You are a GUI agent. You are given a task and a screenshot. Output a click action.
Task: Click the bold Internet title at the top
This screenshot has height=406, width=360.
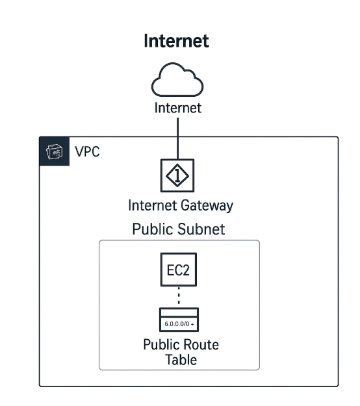click(x=177, y=42)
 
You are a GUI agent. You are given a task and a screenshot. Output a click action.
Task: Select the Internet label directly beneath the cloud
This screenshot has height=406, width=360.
click(x=177, y=108)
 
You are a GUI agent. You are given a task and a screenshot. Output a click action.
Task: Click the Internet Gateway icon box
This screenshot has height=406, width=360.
click(x=177, y=173)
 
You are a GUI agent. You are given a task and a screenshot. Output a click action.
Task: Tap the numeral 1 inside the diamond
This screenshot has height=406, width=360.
click(x=177, y=173)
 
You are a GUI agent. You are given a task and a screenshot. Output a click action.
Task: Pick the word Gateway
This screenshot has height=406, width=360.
click(x=207, y=207)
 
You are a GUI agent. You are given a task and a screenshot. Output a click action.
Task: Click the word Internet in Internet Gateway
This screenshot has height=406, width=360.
click(x=152, y=207)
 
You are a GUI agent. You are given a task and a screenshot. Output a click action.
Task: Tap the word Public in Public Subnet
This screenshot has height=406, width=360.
click(x=153, y=229)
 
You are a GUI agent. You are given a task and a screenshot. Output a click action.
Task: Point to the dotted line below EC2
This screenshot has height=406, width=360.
click(x=179, y=298)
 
